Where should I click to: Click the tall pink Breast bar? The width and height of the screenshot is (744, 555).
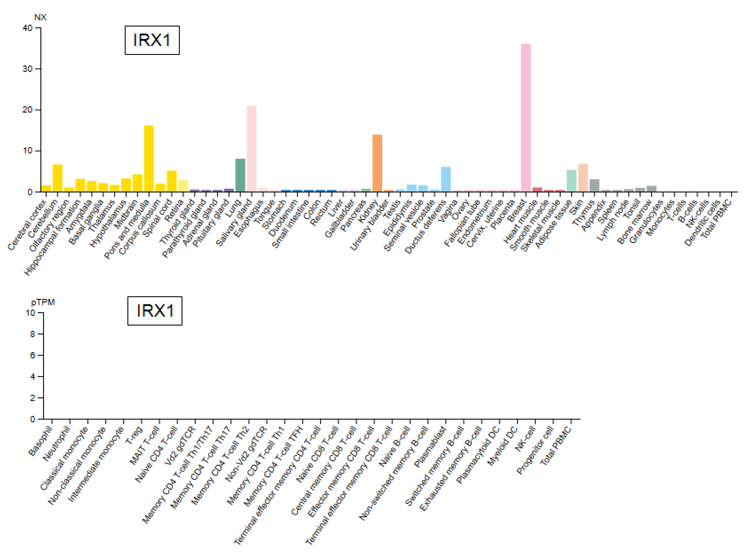click(x=526, y=118)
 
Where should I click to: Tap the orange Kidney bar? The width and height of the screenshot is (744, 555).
click(x=377, y=163)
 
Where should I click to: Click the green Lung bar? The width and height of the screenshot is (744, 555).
click(x=240, y=175)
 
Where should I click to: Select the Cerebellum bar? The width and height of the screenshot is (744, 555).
click(x=57, y=178)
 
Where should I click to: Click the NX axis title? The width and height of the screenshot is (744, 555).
click(x=40, y=17)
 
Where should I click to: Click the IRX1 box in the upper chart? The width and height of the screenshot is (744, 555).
click(x=152, y=40)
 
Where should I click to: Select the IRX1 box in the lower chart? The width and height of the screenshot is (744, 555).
click(x=155, y=311)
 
